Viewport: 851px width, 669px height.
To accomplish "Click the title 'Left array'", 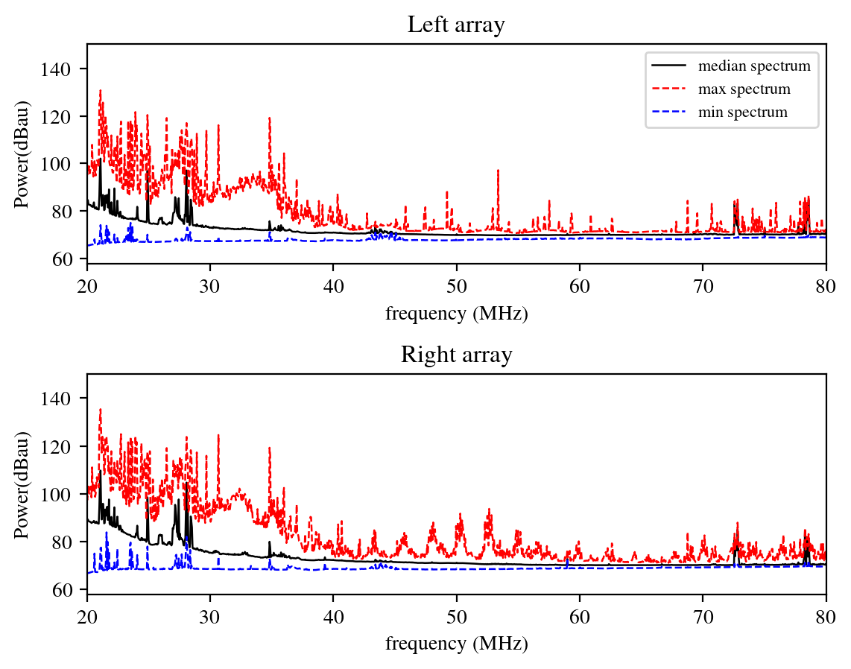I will click(x=456, y=25).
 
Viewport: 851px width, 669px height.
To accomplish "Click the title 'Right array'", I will click(x=456, y=355).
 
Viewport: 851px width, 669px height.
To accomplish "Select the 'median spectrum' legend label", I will click(x=754, y=66).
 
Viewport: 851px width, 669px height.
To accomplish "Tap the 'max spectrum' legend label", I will click(x=744, y=89).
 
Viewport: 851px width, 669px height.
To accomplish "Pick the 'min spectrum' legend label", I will click(x=742, y=112).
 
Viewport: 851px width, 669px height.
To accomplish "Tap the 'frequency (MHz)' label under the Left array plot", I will click(x=456, y=314).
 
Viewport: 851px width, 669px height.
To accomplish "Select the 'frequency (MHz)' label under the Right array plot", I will click(x=456, y=643).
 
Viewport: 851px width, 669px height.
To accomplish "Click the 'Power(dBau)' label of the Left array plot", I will click(x=22, y=153).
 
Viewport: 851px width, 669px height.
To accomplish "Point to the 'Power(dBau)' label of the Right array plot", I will click(x=22, y=483).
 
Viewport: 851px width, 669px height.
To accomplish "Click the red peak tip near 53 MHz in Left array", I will click(x=498, y=171).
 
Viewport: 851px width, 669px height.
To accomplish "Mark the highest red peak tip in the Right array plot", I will click(x=100, y=409).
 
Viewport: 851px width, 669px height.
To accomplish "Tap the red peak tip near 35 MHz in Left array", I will click(x=270, y=118).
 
